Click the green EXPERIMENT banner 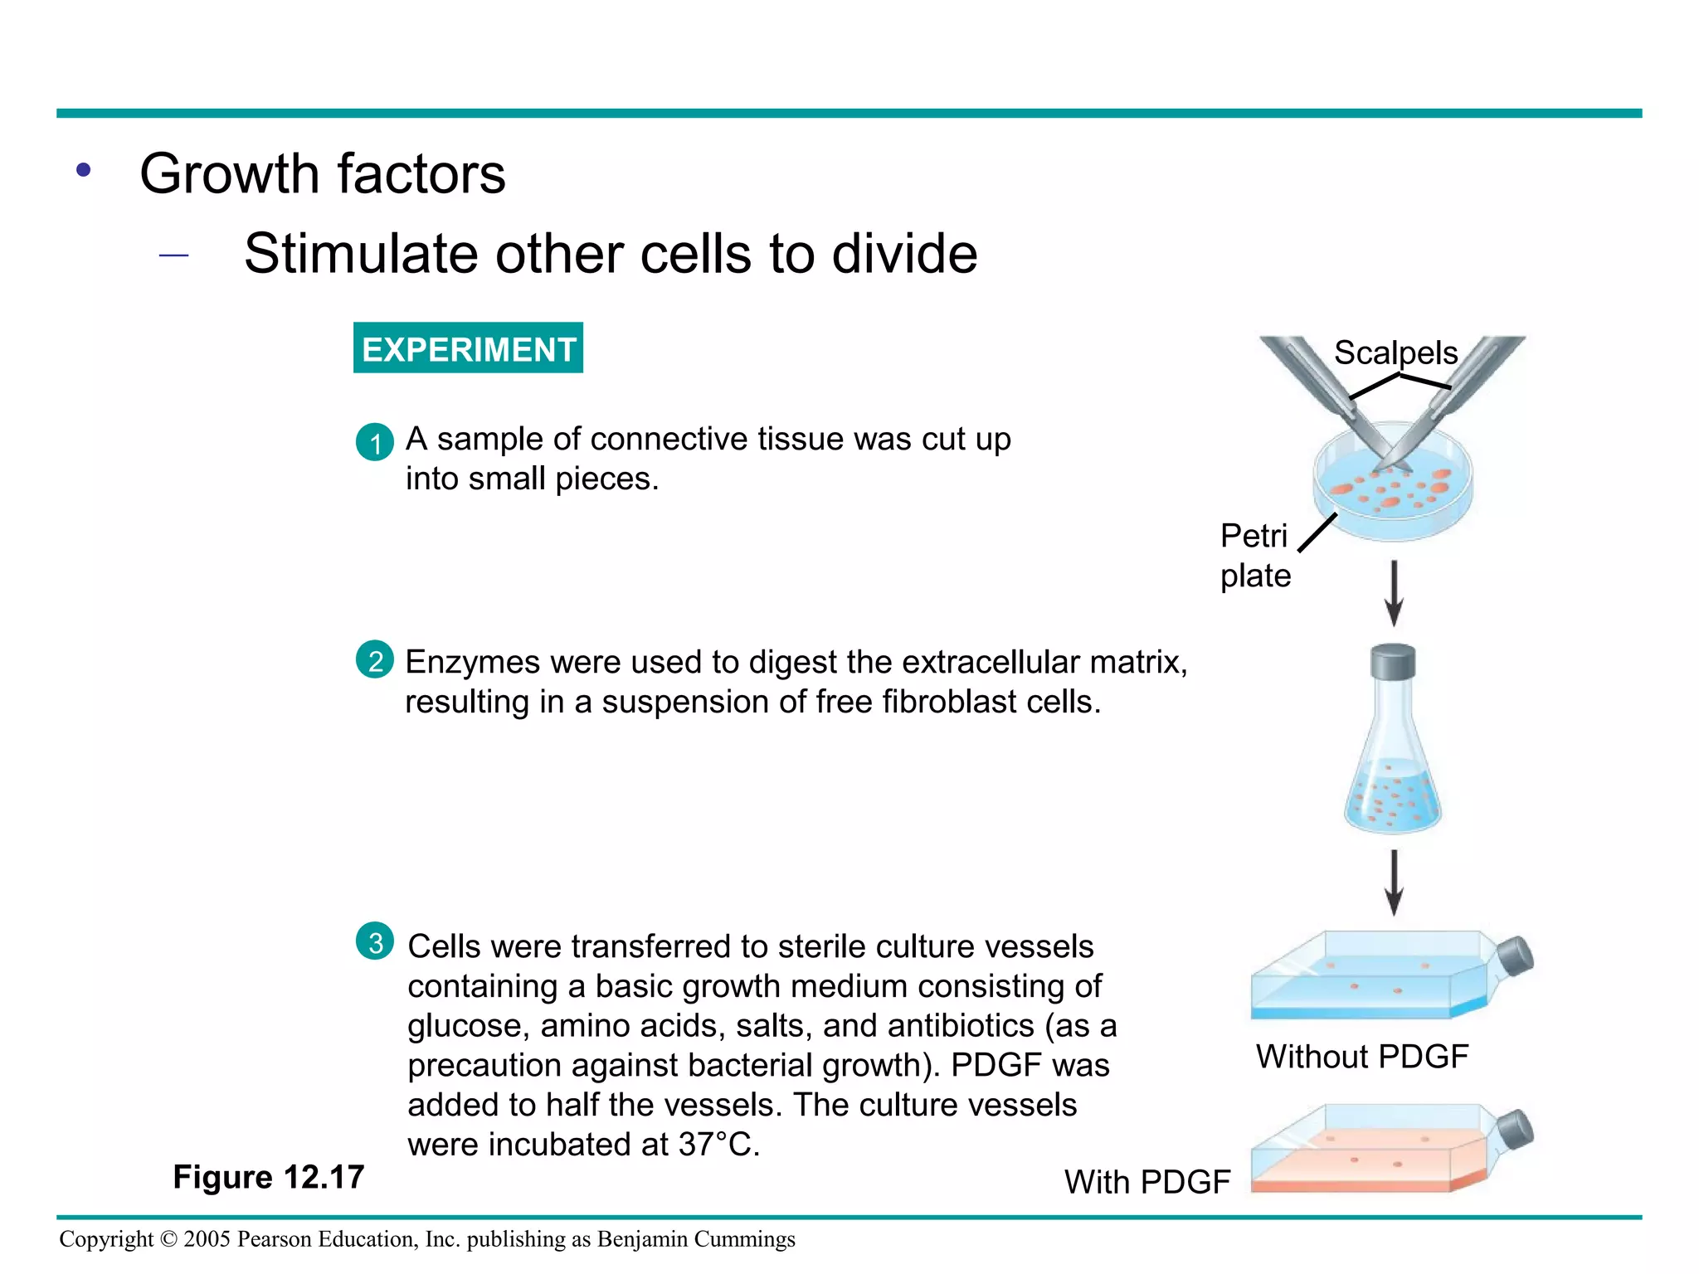coord(468,348)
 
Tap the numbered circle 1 coord(375,442)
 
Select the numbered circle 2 coord(375,660)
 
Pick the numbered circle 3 coord(375,941)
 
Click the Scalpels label coord(1395,353)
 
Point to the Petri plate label coord(1255,556)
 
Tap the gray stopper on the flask coord(1394,662)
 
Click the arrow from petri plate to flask coord(1395,592)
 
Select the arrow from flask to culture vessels coord(1395,882)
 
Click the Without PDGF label coord(1362,1057)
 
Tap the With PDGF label coord(1146,1182)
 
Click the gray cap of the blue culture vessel coord(1516,956)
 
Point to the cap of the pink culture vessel coord(1516,1130)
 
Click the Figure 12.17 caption coord(269,1177)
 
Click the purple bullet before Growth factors coord(83,171)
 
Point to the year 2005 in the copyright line coord(207,1239)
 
